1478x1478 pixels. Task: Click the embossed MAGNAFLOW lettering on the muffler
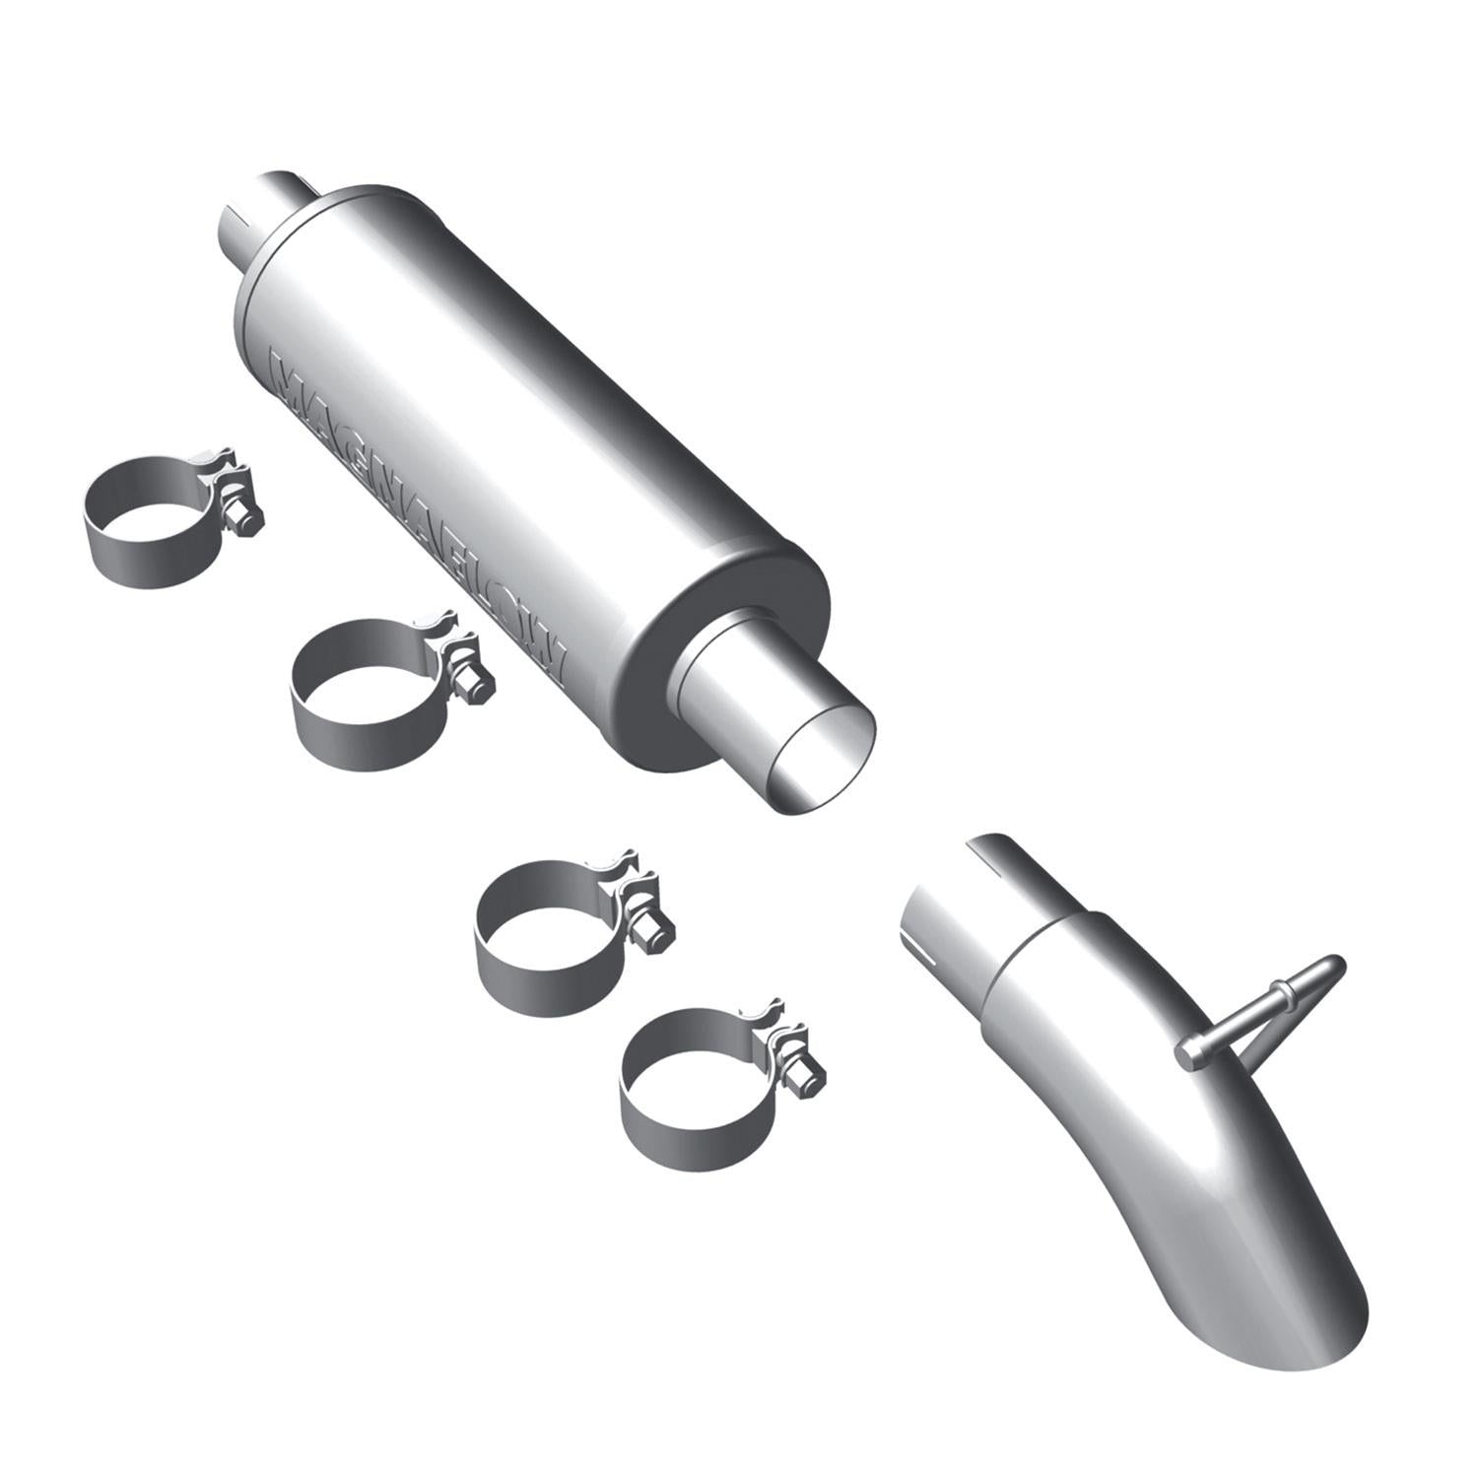(x=414, y=503)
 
